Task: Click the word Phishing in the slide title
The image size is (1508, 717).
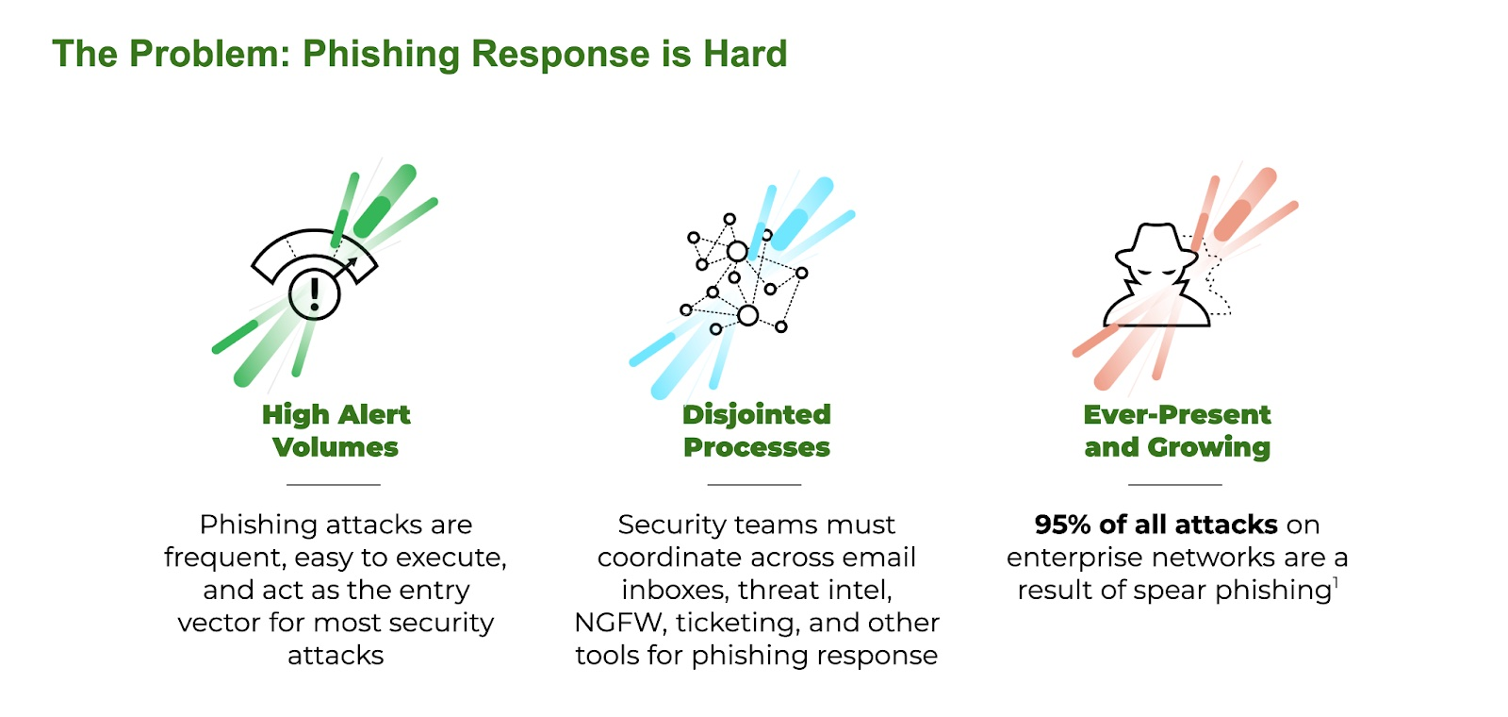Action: tap(382, 54)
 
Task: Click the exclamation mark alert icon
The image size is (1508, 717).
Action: tap(314, 293)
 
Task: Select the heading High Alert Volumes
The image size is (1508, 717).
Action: tap(336, 430)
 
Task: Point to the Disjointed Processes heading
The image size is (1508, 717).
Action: tap(756, 430)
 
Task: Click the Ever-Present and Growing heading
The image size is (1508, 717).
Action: tap(1176, 430)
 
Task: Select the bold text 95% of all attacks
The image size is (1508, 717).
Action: tap(1156, 525)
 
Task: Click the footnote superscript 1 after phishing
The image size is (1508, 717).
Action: tap(1336, 583)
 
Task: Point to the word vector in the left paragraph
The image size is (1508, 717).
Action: tap(211, 623)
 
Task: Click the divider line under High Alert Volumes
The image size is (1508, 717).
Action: tap(333, 485)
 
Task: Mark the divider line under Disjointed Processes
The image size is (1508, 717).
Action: tap(754, 485)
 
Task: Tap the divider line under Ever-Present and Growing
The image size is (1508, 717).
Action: tap(1174, 485)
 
